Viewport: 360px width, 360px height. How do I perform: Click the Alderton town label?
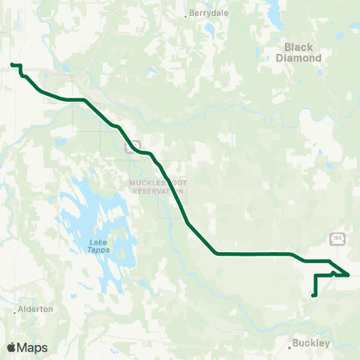37,308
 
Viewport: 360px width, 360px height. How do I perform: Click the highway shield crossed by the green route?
134,145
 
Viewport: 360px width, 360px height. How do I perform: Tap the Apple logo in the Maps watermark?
12,347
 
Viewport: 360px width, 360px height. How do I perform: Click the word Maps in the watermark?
33,347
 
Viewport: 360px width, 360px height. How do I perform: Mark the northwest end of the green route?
11,64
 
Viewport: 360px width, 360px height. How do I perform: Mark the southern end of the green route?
313,295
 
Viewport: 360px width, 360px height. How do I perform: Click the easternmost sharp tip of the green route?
349,275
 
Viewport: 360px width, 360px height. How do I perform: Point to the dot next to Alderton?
15,309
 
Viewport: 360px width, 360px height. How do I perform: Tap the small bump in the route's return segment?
333,273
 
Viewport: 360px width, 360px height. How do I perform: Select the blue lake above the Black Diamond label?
271,11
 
